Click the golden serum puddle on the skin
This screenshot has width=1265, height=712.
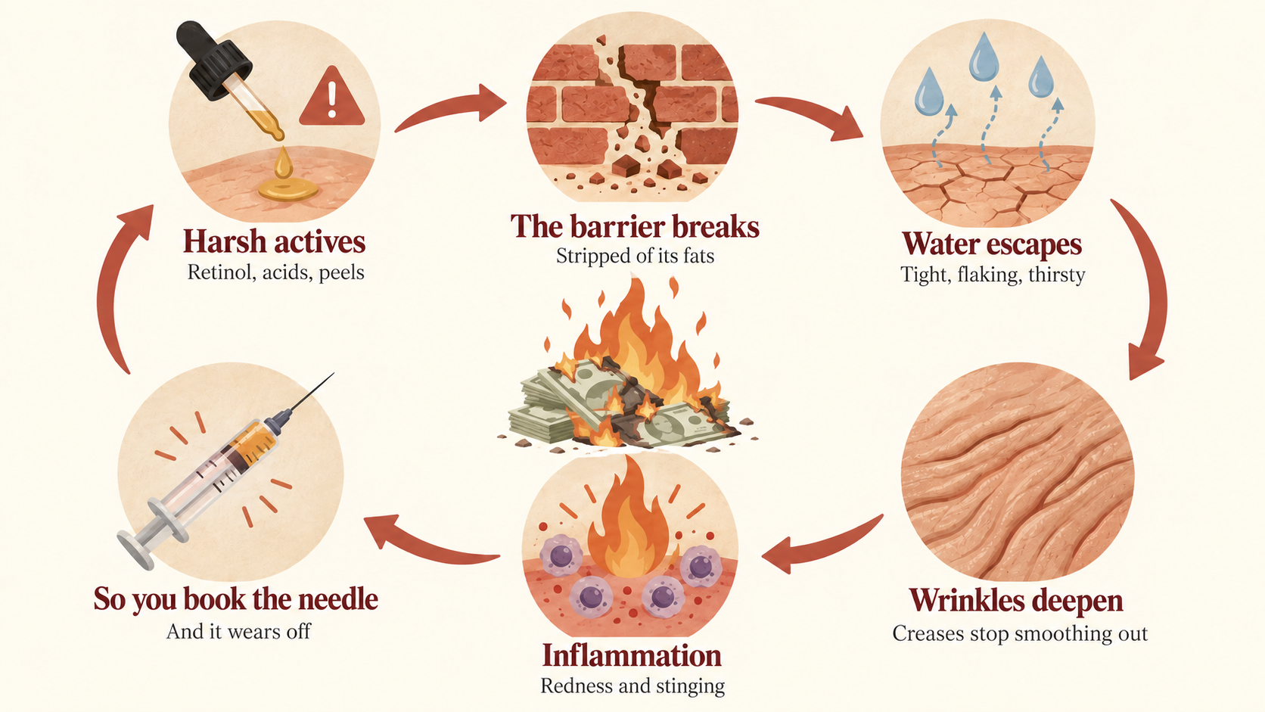pyautogui.click(x=288, y=188)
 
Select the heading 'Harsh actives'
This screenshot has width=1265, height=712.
pyautogui.click(x=274, y=241)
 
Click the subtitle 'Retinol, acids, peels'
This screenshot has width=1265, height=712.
pyautogui.click(x=275, y=272)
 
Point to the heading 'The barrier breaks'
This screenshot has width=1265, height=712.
pyautogui.click(x=635, y=226)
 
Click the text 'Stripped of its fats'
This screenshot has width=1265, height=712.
pyautogui.click(x=635, y=256)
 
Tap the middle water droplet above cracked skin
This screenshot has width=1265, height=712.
pyautogui.click(x=984, y=57)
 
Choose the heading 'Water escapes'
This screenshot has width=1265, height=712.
pyautogui.click(x=992, y=244)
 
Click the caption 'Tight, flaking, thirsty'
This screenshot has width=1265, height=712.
pyautogui.click(x=992, y=275)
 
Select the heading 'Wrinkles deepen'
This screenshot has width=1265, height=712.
pyautogui.click(x=1016, y=600)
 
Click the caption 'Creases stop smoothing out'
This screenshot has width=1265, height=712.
pyautogui.click(x=1020, y=633)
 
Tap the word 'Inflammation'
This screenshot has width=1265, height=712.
pyautogui.click(x=632, y=655)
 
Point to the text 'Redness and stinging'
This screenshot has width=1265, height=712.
pyautogui.click(x=632, y=686)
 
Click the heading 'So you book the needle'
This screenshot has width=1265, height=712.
pyautogui.click(x=235, y=599)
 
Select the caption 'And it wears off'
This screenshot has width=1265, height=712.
pyautogui.click(x=238, y=631)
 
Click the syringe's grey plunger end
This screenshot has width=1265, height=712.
pyautogui.click(x=135, y=549)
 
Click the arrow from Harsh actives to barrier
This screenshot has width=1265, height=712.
pyautogui.click(x=450, y=107)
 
